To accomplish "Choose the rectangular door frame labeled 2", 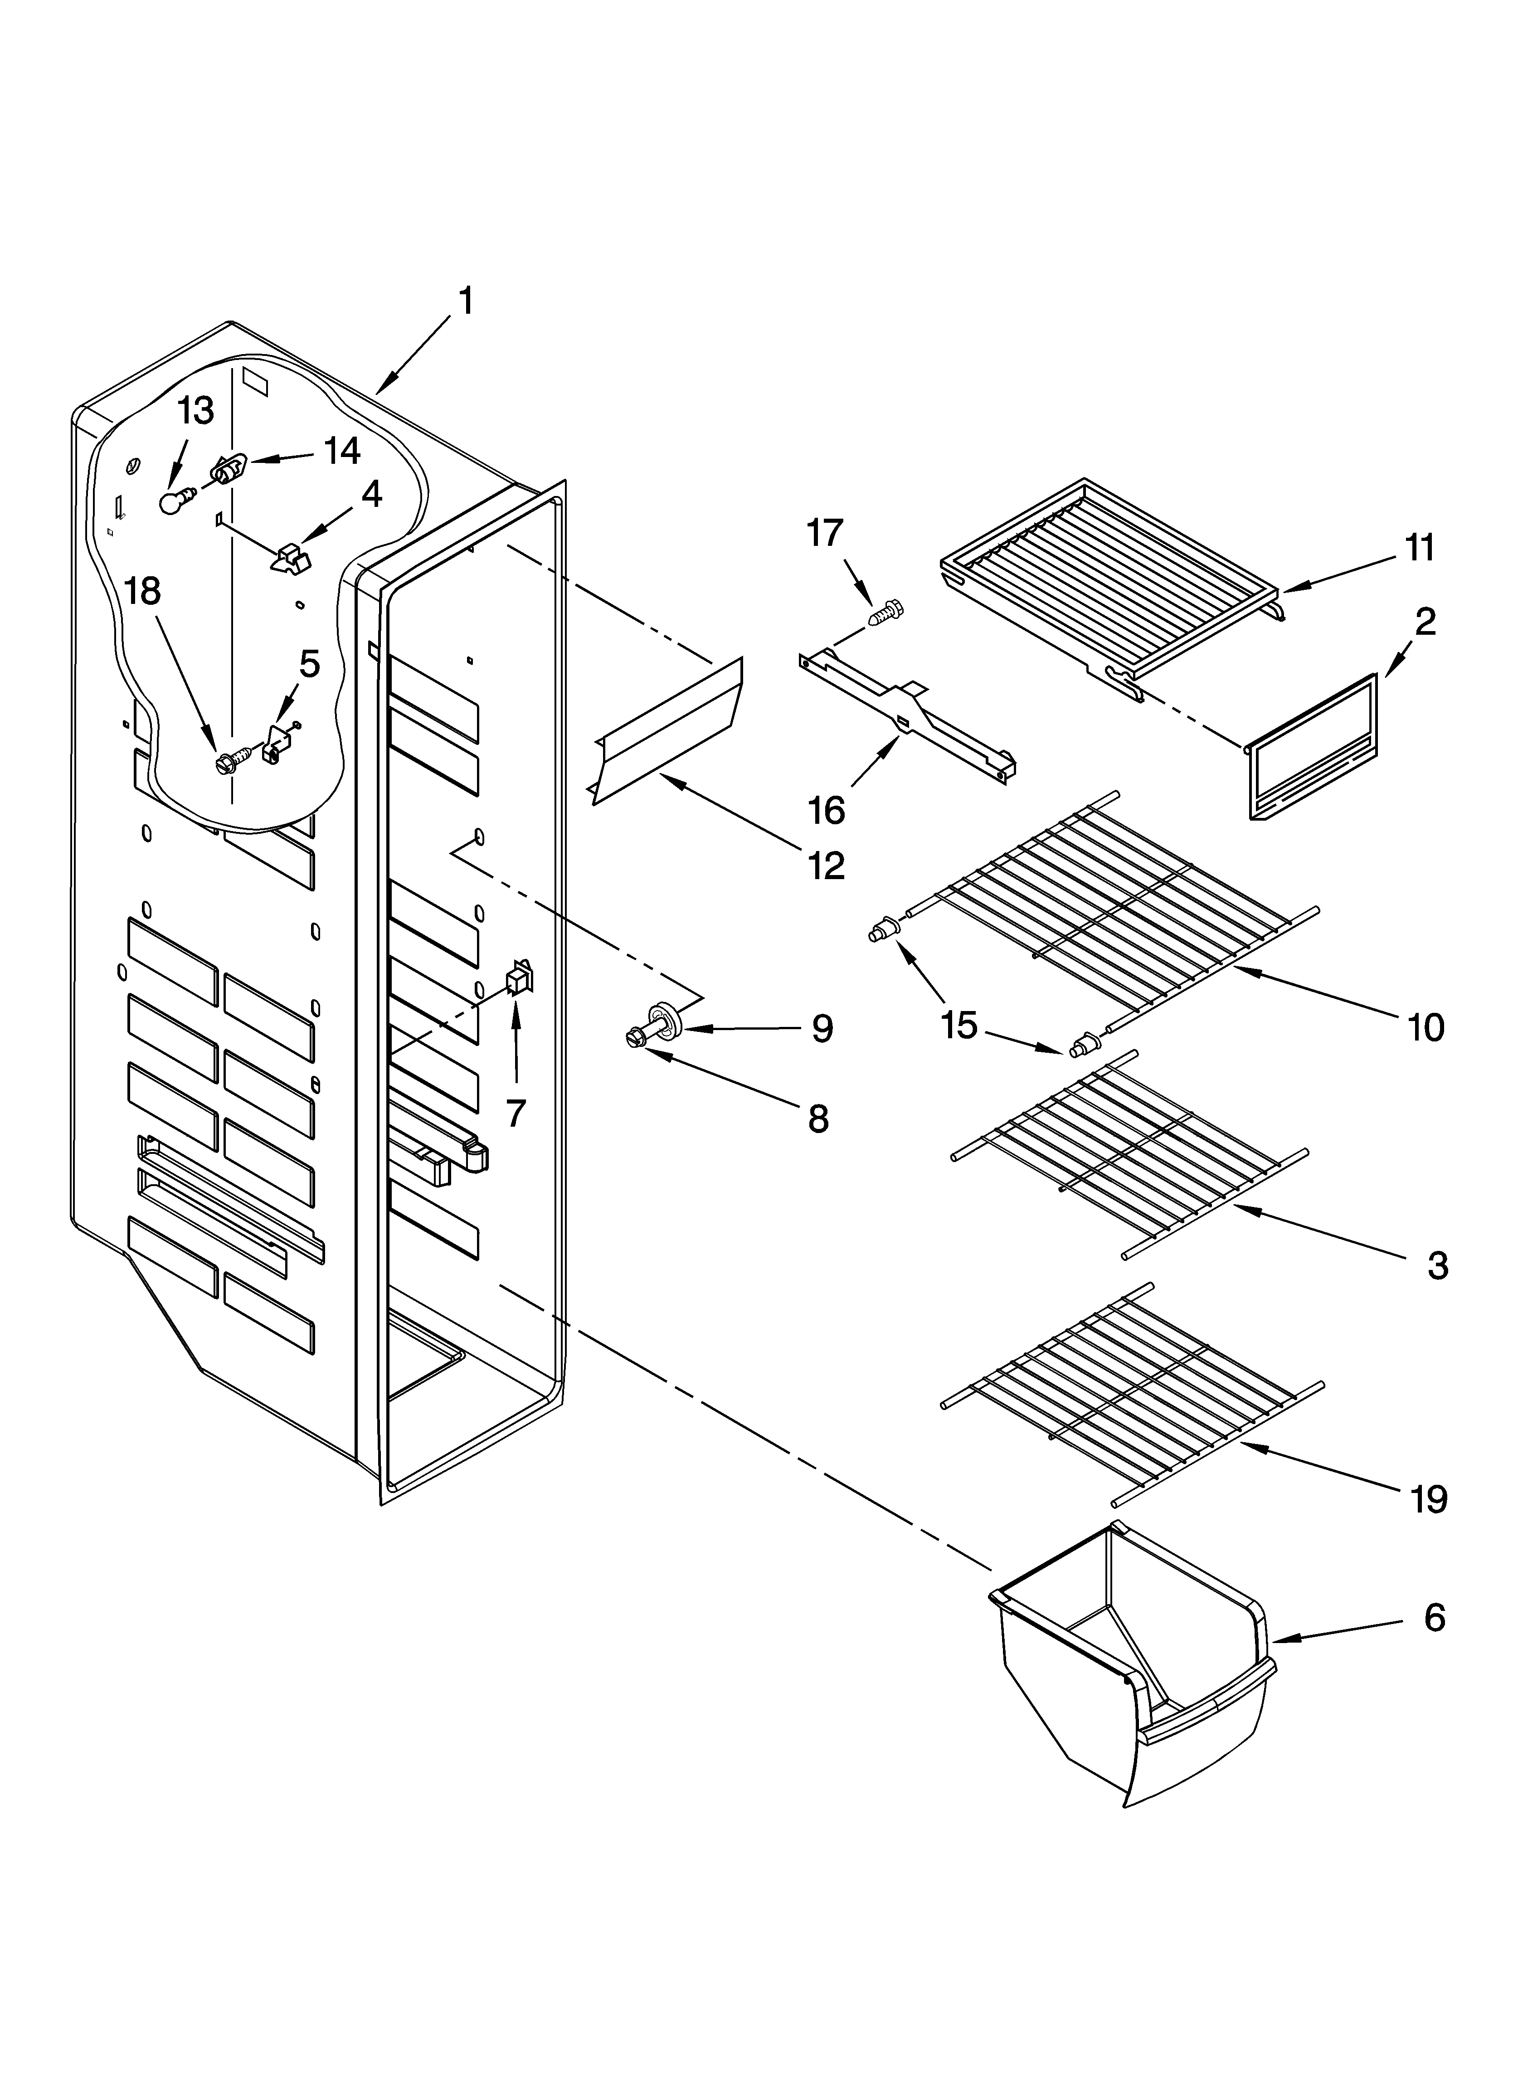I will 1313,747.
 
